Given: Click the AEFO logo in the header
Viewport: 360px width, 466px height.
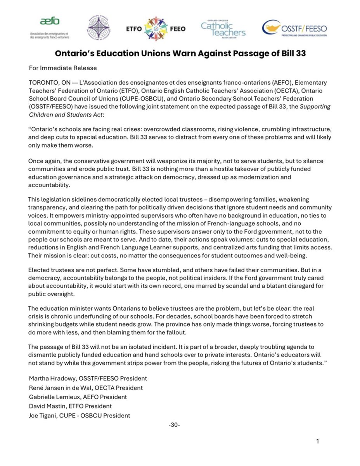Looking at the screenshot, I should coord(50,28).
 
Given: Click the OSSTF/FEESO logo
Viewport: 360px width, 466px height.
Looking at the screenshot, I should coord(294,28).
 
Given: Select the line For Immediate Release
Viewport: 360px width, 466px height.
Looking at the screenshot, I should coord(63,68).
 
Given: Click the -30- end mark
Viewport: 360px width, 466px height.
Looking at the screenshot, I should coord(174,425).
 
